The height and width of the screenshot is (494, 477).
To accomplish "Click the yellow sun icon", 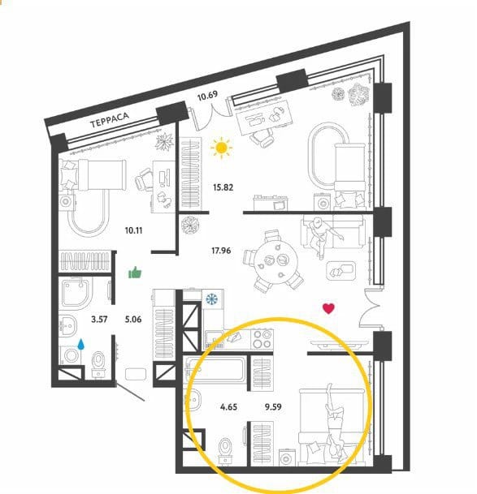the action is point(222,148).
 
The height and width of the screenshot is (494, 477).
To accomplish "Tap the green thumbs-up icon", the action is point(135,273).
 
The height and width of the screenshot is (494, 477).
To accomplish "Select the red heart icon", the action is point(328,308).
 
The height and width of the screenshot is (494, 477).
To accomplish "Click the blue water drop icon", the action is point(81,345).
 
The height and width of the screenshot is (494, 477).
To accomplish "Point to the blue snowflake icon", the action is point(212,299).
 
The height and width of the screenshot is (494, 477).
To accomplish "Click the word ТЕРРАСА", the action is point(110,120).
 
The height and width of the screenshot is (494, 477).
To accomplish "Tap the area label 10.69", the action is point(207,96).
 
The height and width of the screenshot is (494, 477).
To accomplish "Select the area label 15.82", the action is point(223,187).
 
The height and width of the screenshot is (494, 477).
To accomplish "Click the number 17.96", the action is point(221,251).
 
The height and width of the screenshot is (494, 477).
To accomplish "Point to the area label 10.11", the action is point(133,230).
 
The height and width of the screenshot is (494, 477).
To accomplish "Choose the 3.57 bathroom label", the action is point(99,319).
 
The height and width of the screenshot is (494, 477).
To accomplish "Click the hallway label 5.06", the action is point(133,319).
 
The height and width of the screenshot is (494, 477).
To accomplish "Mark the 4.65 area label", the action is point(228,406).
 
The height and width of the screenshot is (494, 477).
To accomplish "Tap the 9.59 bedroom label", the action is point(273,406).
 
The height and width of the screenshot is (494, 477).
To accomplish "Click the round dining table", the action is point(276,260).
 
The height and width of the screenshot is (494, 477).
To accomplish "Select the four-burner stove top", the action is point(262,339).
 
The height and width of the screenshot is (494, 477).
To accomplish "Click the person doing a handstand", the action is point(334,423).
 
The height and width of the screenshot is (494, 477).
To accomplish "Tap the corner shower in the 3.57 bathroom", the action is point(76,293).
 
